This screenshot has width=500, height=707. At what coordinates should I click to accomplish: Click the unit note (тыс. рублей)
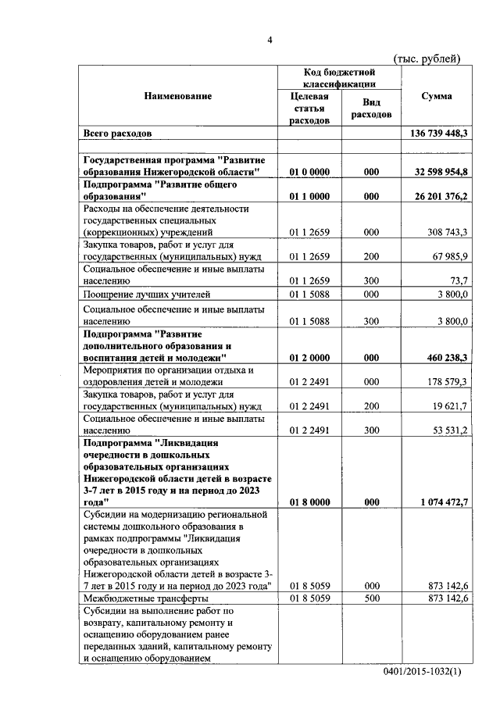pyautogui.click(x=427, y=59)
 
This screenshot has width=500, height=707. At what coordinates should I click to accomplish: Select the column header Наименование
pyautogui.click(x=177, y=96)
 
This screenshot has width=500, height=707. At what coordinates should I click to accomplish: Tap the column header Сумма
pyautogui.click(x=435, y=96)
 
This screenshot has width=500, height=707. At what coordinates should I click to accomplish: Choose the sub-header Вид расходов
pyautogui.click(x=371, y=109)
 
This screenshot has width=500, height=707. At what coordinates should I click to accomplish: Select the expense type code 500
pyautogui.click(x=371, y=598)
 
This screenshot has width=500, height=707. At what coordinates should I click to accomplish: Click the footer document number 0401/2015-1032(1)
pyautogui.click(x=423, y=672)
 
